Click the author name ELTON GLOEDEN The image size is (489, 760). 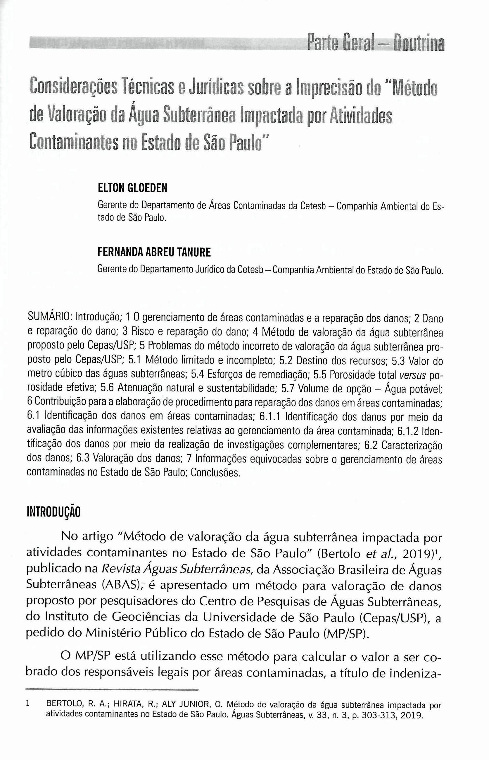[132, 188]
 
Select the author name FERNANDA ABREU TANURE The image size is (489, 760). [154, 252]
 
